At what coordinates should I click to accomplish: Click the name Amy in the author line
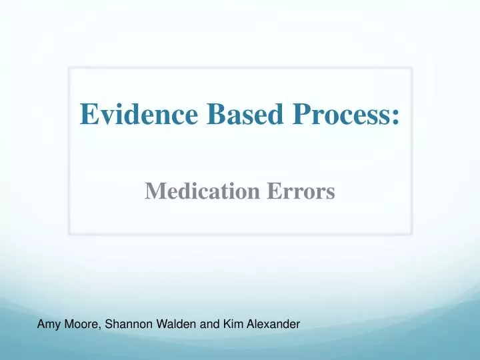click(47, 325)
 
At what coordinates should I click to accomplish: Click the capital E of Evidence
click(87, 114)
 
